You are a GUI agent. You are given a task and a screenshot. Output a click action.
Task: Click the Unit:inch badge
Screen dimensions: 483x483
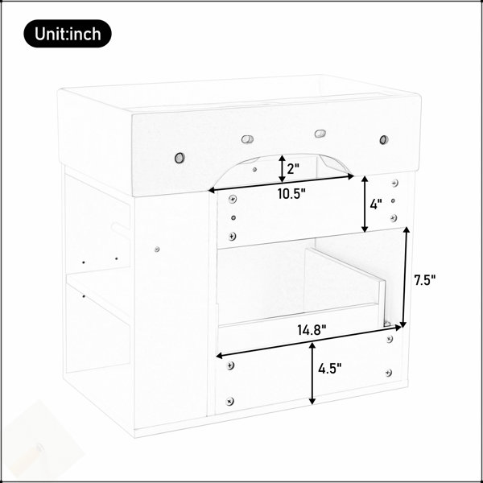pos(68,34)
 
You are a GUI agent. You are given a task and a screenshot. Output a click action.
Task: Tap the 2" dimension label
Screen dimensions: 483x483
pos(293,169)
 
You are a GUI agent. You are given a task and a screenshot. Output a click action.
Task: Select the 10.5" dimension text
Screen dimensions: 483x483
pos(291,194)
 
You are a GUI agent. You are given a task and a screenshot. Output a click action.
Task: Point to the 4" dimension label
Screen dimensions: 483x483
pos(376,204)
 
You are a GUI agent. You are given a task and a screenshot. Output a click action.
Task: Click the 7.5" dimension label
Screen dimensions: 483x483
pos(424,280)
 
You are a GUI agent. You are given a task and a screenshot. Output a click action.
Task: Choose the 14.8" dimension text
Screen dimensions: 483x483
pos(312,330)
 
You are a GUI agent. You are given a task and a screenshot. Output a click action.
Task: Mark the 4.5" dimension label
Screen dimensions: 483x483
pos(330,369)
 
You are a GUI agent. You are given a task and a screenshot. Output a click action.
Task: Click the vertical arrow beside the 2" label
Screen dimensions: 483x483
pos(282,168)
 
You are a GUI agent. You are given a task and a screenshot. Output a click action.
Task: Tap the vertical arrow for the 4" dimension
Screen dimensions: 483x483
pos(365,204)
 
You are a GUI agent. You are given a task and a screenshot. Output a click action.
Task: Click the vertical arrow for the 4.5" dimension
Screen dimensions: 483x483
pos(312,374)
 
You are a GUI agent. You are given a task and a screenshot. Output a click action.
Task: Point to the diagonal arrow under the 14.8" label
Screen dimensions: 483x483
pos(309,341)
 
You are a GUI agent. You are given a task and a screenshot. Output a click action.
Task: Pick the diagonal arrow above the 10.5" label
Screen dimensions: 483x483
pos(281,184)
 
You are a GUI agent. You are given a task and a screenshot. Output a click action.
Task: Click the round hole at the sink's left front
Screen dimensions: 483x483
pos(180,158)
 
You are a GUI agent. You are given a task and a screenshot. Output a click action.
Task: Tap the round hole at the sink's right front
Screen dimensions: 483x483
pos(384,140)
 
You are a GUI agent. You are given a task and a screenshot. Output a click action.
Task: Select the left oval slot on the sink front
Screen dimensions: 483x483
pos(247,139)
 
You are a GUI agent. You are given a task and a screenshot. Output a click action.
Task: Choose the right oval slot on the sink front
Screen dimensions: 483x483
pos(320,134)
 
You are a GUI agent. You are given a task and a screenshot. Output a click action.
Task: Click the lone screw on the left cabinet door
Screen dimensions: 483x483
pos(157,249)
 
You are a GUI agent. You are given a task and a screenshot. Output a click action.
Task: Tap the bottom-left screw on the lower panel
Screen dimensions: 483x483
pos(229,402)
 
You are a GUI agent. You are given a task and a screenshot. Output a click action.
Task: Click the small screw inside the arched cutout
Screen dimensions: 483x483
pos(254,169)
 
